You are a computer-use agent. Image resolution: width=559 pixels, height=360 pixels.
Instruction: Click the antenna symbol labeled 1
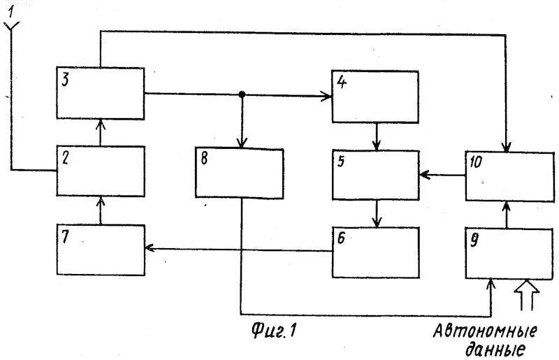(11, 27)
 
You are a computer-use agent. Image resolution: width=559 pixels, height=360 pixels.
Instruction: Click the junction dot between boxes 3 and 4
(242, 94)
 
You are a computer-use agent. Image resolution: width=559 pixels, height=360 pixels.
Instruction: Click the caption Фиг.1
(273, 330)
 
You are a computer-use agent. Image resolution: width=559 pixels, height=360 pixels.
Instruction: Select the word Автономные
(485, 331)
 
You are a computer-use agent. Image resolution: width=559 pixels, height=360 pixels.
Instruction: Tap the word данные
(495, 350)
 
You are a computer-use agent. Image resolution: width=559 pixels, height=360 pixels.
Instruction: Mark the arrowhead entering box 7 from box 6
(149, 247)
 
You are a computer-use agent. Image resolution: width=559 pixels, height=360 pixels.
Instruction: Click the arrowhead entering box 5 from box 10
(424, 175)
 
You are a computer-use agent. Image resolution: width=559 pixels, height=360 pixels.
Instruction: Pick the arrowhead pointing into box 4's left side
(326, 96)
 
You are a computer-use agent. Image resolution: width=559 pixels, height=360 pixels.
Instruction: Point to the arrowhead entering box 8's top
(242, 143)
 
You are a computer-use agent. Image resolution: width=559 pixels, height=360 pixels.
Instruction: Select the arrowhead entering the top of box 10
(506, 147)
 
